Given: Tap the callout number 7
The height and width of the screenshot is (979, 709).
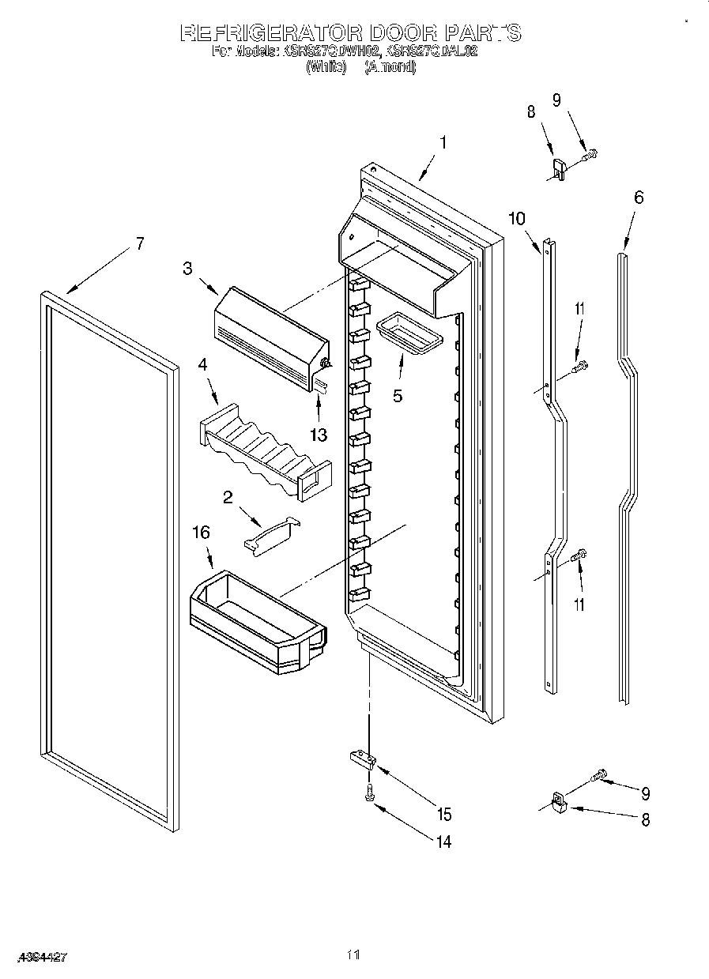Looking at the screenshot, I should (139, 243).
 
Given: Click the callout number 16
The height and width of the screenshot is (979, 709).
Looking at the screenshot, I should (202, 533).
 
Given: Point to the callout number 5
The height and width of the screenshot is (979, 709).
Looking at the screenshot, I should (398, 396).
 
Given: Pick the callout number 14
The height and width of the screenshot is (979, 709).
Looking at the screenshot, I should (443, 842).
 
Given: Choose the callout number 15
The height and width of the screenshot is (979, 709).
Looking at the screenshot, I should (443, 814).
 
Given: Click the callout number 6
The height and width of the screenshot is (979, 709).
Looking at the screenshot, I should (638, 197).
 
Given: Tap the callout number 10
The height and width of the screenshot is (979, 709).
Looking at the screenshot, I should (516, 218).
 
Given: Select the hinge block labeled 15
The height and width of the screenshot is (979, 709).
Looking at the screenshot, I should (364, 760).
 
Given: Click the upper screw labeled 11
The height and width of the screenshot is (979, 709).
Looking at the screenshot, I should (581, 365).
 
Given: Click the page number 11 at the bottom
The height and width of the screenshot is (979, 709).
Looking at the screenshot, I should (353, 955).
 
